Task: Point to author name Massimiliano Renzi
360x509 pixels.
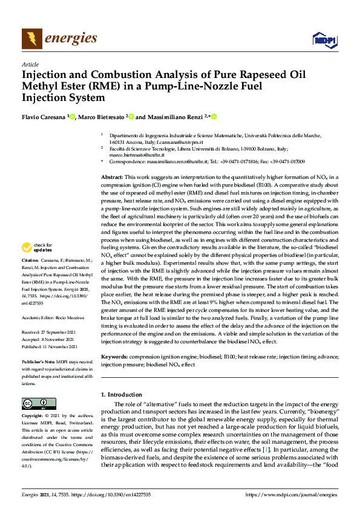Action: [x=174, y=117]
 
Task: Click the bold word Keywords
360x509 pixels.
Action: [x=114, y=357]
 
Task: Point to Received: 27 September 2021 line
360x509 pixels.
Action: [x=50, y=332]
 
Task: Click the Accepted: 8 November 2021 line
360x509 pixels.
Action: [x=48, y=339]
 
